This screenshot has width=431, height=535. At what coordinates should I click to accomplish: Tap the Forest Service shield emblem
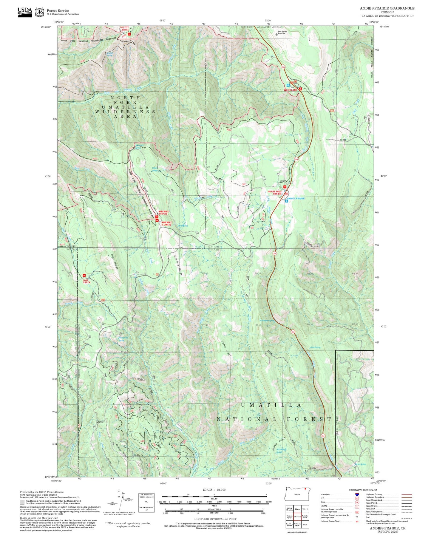click(x=39, y=12)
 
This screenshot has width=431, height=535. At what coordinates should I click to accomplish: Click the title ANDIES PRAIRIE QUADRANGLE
click(x=387, y=8)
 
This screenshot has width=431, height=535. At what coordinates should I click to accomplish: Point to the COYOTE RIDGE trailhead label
click(x=124, y=29)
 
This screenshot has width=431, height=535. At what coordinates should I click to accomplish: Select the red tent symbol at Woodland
click(x=300, y=89)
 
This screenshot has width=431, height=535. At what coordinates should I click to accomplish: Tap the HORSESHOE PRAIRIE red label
click(x=274, y=193)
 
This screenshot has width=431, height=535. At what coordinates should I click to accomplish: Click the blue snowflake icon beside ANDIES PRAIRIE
click(x=286, y=201)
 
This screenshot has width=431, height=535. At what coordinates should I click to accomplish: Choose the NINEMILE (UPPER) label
click(x=163, y=212)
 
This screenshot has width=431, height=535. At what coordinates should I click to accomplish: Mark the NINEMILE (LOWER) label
click(x=166, y=223)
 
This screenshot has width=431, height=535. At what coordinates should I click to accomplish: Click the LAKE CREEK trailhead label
click(x=86, y=281)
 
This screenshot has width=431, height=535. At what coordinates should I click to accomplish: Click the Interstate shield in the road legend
click(x=357, y=494)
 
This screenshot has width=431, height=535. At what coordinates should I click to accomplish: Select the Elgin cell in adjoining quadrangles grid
click(x=305, y=525)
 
